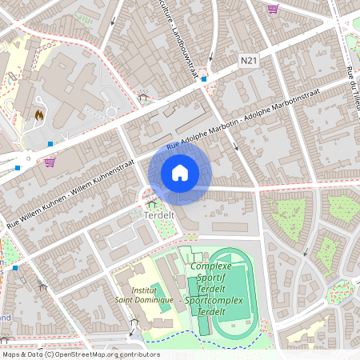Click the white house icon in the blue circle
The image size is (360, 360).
coord(180,172)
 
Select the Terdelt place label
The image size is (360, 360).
coord(160,215)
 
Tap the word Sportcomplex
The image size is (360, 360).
coord(209,299)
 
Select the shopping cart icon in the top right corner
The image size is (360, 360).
coord(273,10)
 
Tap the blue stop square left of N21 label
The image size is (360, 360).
coord(204,79)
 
